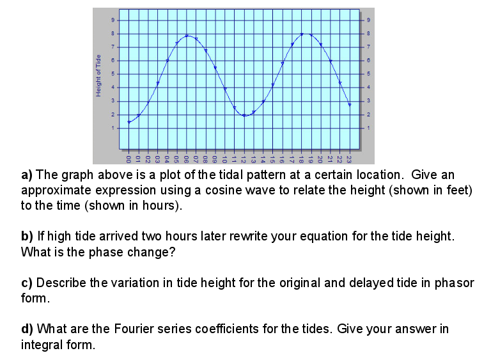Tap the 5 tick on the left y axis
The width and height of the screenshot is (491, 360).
113,74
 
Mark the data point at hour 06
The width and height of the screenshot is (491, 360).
187,36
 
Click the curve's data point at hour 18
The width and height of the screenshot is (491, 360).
302,34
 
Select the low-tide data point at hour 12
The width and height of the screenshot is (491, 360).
244,115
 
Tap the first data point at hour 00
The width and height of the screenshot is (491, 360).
129,121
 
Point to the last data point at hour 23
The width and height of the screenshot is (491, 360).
350,104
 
